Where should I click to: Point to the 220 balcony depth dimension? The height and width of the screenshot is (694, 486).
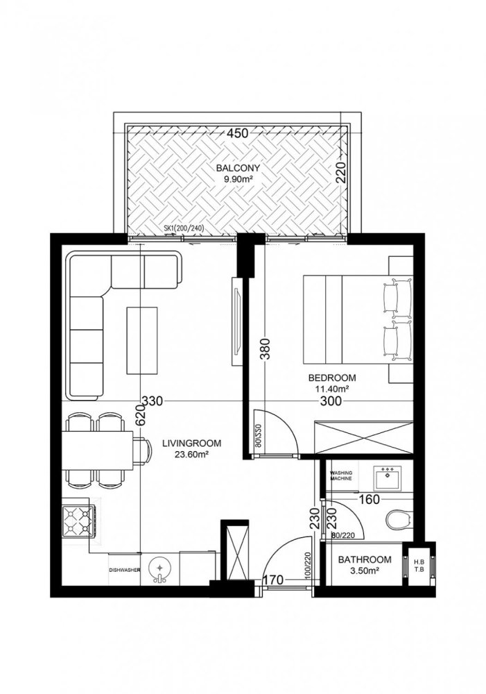(x=340, y=170)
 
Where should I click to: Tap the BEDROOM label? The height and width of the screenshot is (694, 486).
(x=331, y=378)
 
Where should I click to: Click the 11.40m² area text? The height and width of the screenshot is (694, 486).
(x=331, y=389)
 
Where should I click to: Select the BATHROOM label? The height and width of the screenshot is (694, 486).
(x=364, y=559)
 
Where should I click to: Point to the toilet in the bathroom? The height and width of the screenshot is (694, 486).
(x=397, y=518)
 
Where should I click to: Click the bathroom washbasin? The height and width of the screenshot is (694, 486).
(x=387, y=477)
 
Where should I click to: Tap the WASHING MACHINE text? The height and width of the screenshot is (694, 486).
(x=345, y=475)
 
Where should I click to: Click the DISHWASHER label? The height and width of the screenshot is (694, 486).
(x=125, y=570)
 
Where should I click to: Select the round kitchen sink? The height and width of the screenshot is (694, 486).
(x=159, y=569)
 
